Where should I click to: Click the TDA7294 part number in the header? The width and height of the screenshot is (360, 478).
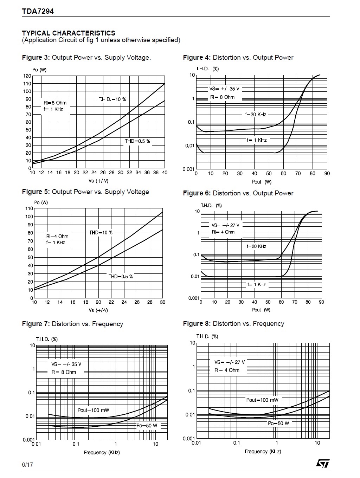[38, 11]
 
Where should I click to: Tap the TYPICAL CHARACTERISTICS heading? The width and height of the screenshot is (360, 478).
[69, 33]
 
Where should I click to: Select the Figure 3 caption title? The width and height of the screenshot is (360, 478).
[86, 58]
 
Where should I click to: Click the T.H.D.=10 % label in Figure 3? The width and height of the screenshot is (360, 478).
[112, 99]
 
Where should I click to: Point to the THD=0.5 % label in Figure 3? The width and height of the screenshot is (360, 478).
[137, 141]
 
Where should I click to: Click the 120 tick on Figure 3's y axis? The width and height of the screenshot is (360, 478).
[27, 76]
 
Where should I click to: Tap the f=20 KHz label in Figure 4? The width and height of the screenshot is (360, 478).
[256, 115]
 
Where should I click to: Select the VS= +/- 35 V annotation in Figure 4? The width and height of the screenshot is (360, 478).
[224, 89]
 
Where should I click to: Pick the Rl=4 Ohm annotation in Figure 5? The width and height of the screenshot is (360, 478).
[57, 236]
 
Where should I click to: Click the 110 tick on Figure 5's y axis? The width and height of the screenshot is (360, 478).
[29, 208]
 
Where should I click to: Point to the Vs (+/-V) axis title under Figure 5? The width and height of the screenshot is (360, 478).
[98, 310]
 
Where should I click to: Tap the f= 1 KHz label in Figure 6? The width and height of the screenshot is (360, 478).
[257, 284]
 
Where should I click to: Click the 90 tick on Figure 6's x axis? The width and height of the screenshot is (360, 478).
[321, 302]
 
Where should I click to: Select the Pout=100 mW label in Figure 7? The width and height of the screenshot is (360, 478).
[93, 410]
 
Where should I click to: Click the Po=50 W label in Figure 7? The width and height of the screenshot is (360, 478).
[147, 426]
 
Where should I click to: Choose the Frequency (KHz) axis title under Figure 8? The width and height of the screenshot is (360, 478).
[263, 451]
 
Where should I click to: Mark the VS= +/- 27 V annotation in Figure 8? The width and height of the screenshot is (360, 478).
[230, 362]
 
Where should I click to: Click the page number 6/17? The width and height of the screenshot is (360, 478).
[27, 465]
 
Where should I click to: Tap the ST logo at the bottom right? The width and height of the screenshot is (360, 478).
[323, 464]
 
